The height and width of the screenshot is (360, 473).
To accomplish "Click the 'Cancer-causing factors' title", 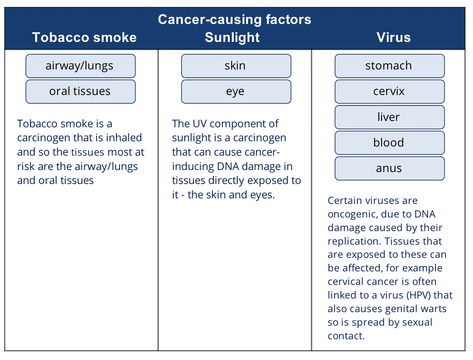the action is click(235, 20).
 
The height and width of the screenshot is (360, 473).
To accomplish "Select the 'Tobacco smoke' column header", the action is click(85, 38).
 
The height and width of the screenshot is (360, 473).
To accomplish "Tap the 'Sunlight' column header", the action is click(232, 38).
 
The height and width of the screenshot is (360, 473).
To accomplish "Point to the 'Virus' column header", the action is click(394, 38).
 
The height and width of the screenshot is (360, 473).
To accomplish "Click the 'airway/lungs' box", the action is click(81, 66).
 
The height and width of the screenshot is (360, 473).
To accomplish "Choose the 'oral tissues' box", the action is click(81, 91).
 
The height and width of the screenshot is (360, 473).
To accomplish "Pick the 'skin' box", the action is click(236, 66).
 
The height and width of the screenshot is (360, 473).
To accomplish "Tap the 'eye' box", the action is click(236, 91).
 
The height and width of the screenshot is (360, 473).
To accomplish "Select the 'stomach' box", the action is click(390, 66).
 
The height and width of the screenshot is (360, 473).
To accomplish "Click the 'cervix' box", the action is click(390, 91).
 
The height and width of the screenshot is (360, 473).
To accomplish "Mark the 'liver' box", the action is click(390, 117).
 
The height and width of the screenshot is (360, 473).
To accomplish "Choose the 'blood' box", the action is click(390, 143).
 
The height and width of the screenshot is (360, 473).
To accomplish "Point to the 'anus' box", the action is click(390, 168).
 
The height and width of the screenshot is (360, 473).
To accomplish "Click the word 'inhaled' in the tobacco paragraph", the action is click(124, 138).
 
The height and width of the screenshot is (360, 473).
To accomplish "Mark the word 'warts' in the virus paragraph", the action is click(434, 309).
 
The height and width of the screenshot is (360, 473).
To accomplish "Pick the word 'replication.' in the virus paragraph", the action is click(355, 241).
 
